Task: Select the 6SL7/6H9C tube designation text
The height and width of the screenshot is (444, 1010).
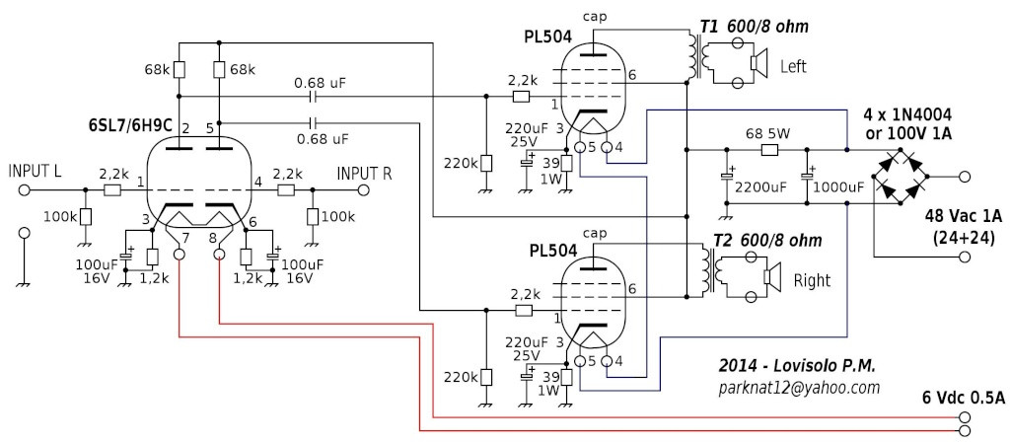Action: [x=128, y=128]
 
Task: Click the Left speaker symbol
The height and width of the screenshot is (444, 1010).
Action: [x=758, y=65]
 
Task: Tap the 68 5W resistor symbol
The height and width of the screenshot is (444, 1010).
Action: [x=770, y=150]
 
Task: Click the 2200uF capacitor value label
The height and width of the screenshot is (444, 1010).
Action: [x=757, y=186]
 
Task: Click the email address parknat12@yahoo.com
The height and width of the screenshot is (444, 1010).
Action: [x=798, y=388]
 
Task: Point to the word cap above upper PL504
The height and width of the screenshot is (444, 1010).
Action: [x=596, y=16]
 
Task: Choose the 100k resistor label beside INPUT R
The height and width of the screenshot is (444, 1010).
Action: [x=338, y=216]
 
